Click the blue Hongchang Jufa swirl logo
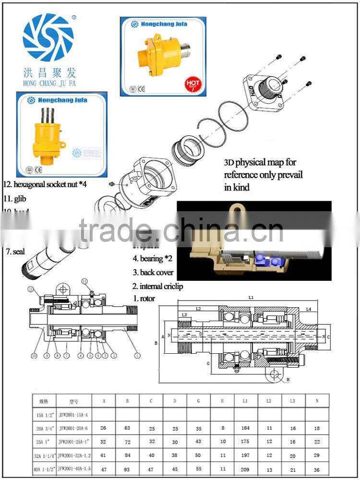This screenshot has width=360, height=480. coord(48,37)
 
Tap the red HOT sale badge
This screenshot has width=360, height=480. coord(193,84)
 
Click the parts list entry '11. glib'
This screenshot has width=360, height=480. coord(14,197)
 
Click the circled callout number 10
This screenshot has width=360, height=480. coord(34,356)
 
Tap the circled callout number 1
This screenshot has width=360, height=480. coord(138,356)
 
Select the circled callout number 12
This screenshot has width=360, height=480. coord(31,289)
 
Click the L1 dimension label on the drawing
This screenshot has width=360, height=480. coord(251,298)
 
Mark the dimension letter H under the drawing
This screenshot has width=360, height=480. coord(288,380)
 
